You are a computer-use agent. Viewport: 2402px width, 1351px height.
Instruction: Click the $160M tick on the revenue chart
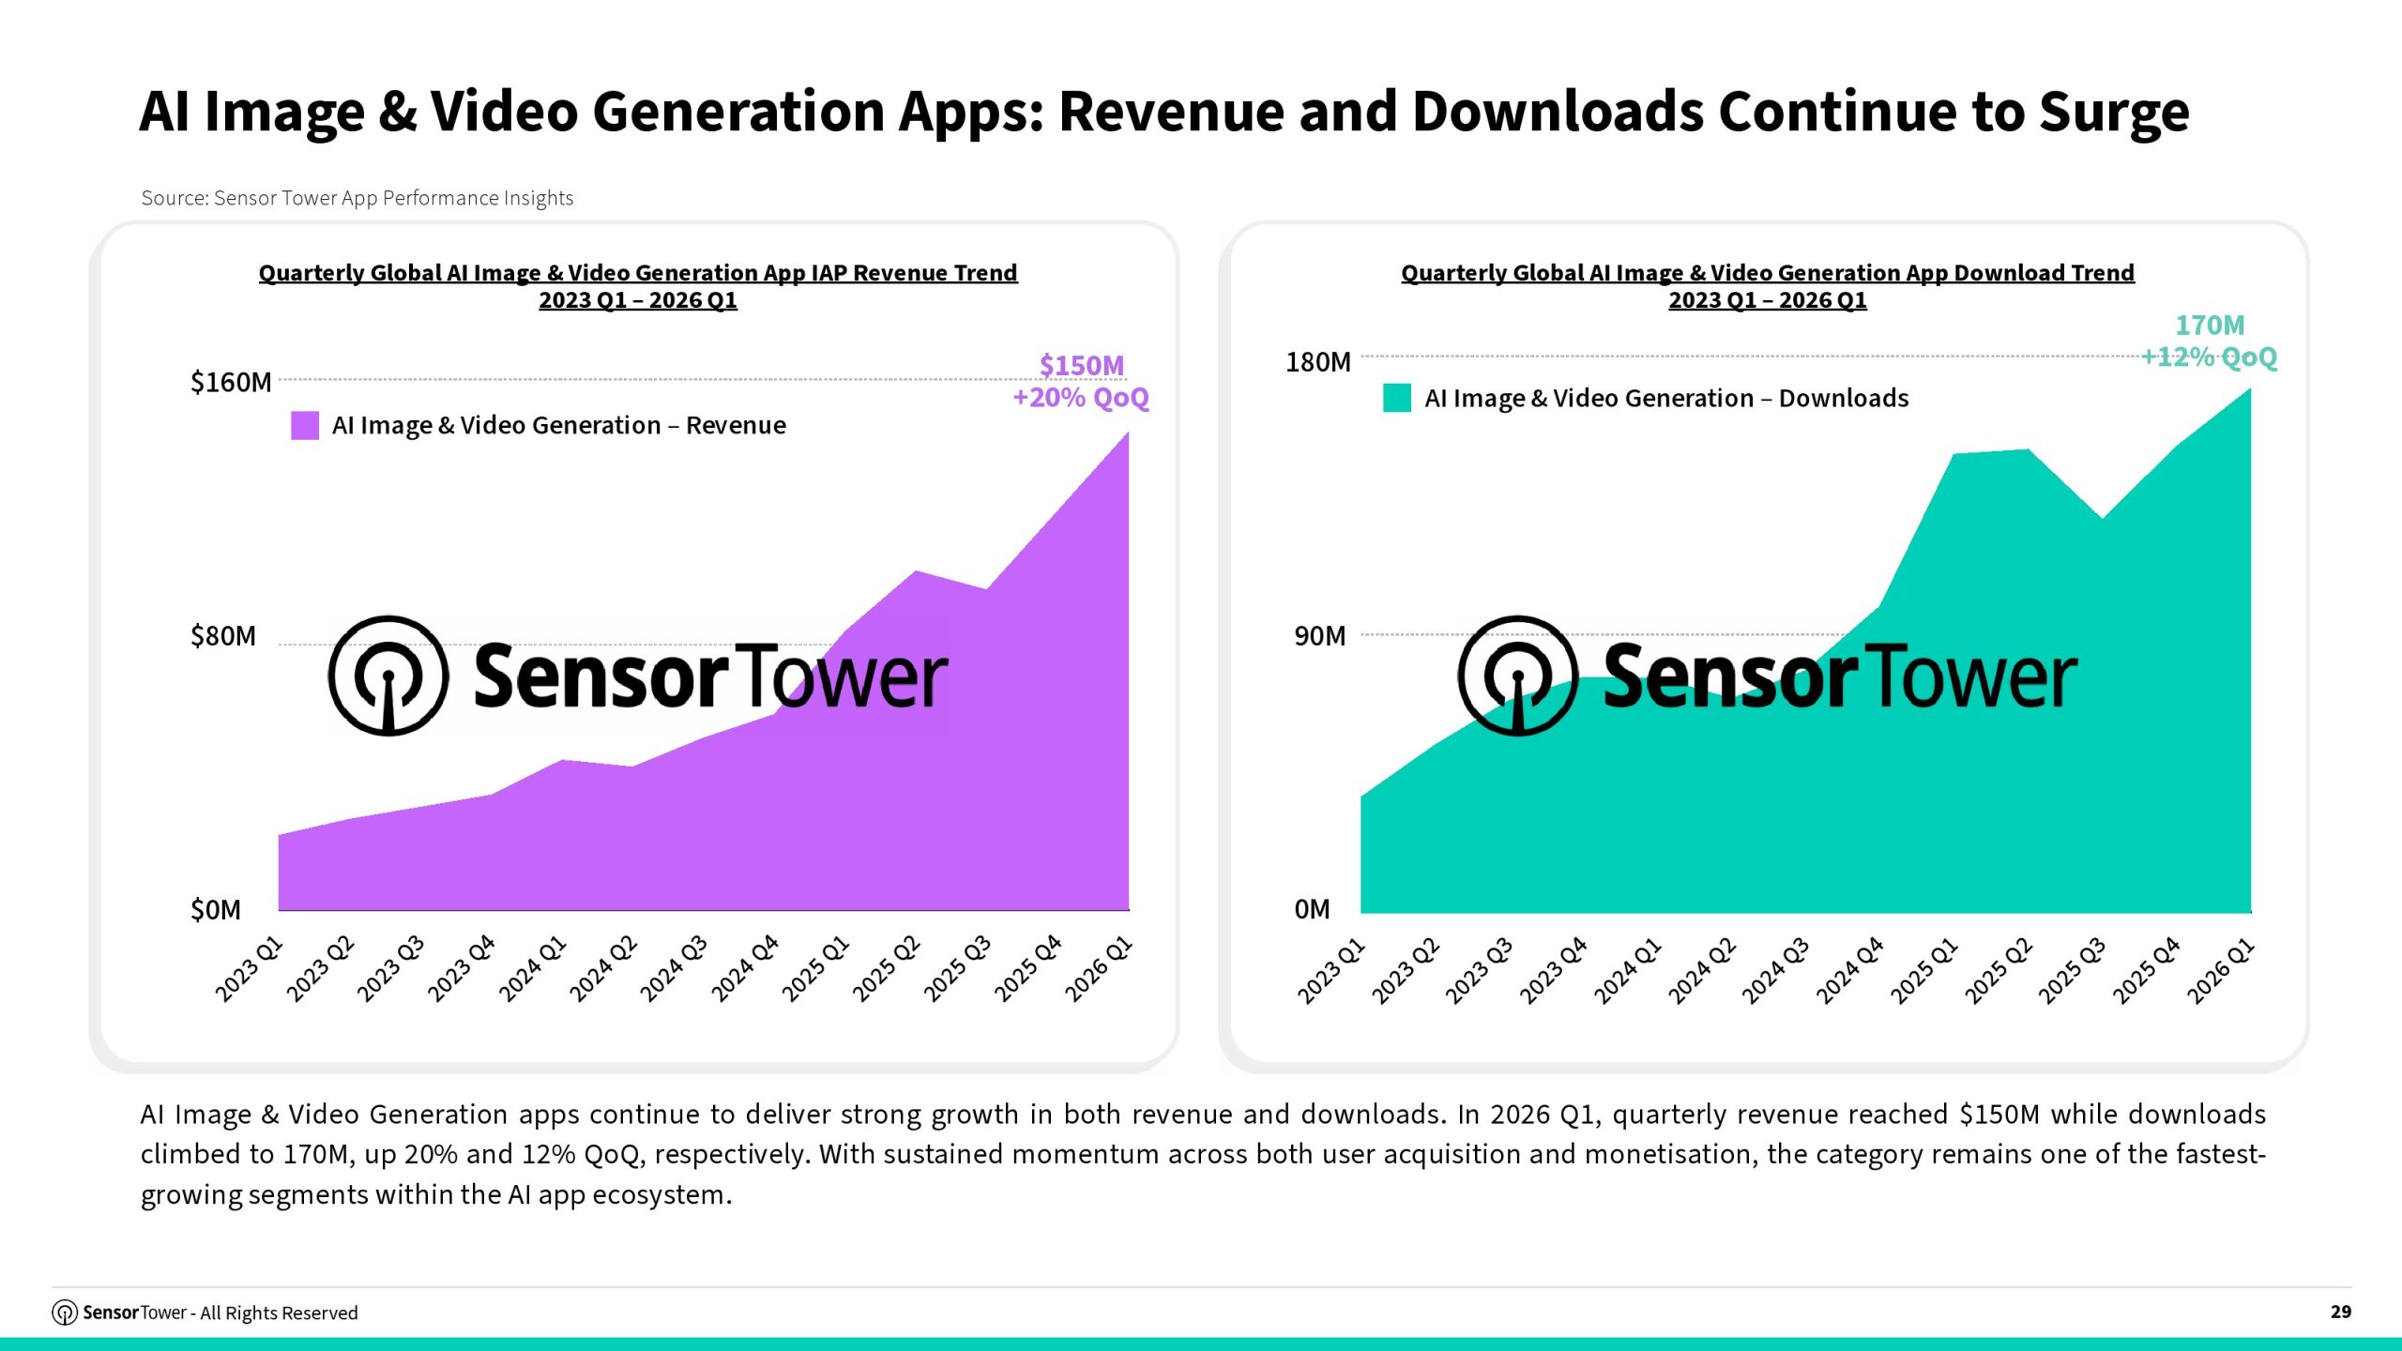[x=231, y=383]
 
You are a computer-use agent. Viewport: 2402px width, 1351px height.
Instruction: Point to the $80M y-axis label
[x=223, y=636]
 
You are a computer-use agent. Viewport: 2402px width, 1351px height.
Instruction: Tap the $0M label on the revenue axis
[x=216, y=910]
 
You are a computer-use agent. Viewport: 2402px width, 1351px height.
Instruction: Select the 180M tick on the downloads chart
[x=1318, y=362]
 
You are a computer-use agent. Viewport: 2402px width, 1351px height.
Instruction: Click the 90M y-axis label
[x=1320, y=636]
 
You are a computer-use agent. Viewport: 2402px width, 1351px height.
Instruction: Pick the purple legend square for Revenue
[x=305, y=425]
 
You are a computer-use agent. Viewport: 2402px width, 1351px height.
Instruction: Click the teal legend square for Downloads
[x=1397, y=398]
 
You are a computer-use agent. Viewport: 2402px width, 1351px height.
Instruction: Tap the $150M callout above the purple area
[x=1082, y=365]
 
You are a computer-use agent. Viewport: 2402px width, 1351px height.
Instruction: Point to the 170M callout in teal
[x=2210, y=326]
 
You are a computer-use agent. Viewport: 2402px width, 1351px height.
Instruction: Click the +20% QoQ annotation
[x=1081, y=398]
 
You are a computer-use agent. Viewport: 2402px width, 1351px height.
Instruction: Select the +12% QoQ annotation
[x=2209, y=357]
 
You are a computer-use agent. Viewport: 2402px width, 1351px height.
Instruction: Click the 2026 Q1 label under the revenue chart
[x=1099, y=968]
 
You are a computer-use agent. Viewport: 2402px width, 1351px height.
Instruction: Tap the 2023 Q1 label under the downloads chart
[x=1330, y=971]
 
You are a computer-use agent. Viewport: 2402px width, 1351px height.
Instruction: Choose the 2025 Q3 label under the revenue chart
[x=957, y=968]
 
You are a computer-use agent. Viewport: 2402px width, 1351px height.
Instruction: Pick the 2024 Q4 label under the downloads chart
[x=1849, y=971]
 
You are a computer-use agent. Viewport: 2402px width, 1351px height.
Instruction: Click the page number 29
[x=2341, y=1312]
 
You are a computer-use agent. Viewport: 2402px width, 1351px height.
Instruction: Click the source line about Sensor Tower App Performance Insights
[x=357, y=198]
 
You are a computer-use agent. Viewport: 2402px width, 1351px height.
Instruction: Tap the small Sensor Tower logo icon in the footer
[x=65, y=1313]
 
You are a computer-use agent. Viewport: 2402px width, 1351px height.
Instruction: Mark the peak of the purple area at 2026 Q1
[x=1128, y=433]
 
